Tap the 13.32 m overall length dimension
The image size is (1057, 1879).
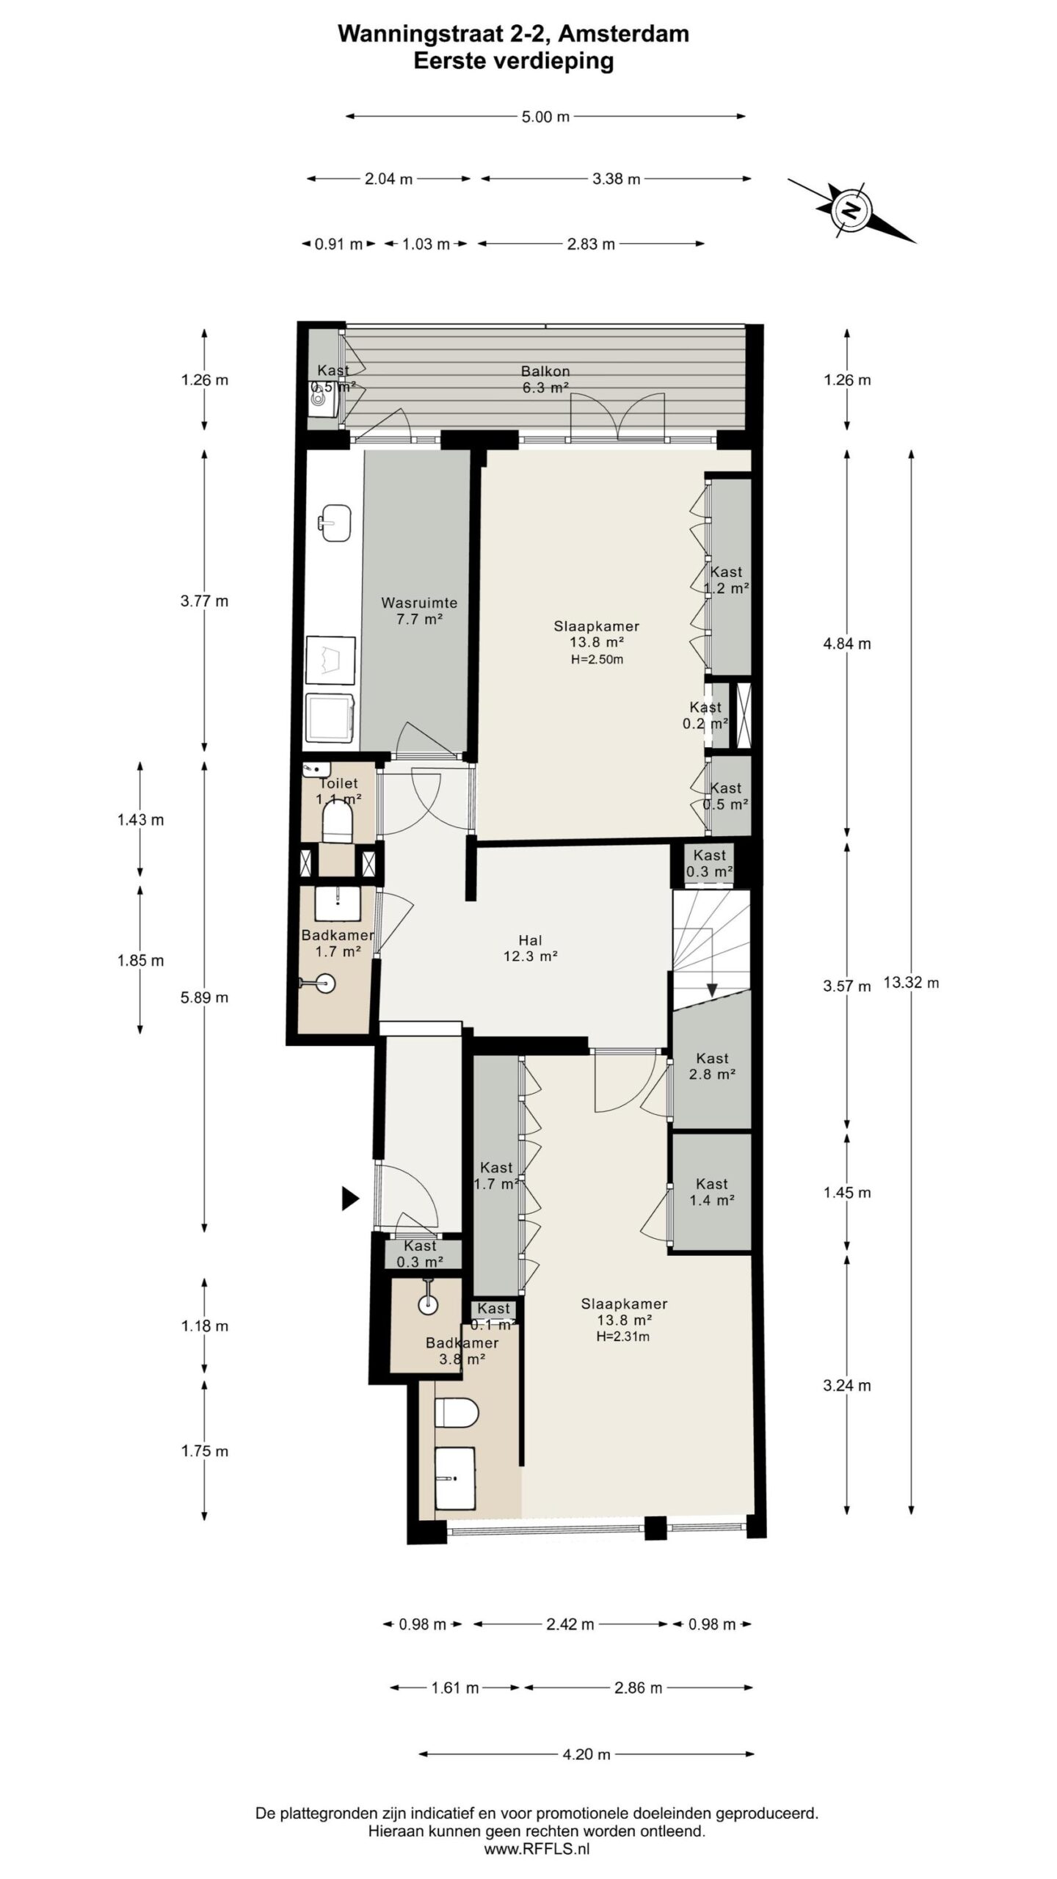click(910, 983)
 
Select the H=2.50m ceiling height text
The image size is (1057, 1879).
click(597, 659)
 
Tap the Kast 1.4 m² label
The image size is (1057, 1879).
click(711, 1192)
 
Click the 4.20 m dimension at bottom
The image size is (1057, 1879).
click(586, 1754)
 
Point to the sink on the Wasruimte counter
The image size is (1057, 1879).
click(335, 522)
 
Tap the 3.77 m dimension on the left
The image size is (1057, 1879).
click(204, 601)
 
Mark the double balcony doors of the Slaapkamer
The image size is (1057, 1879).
click(618, 417)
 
